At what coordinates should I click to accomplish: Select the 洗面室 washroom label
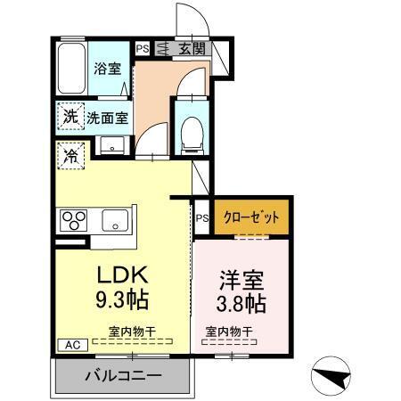pos(108,117)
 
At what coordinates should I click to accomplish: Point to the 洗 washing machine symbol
pos(70,116)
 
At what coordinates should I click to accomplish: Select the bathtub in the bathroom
pos(70,69)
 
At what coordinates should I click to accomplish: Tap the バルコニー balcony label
pos(123,375)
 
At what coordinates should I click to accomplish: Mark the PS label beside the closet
pos(202,217)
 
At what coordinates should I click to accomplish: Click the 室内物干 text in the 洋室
pos(229,332)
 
